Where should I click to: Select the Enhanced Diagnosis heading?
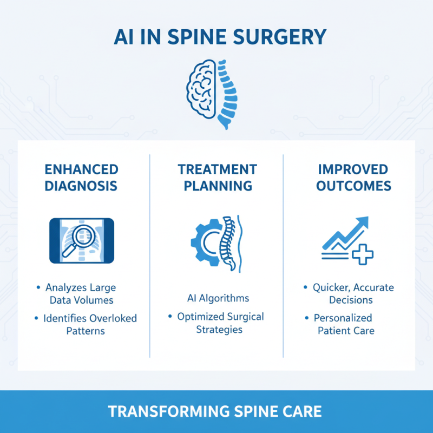click(81, 177)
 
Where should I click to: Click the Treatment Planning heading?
click(218, 177)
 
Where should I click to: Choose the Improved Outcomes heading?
click(353, 177)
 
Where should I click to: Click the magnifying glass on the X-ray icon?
click(77, 238)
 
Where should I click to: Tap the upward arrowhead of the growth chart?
click(361, 222)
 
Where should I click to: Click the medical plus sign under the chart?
click(363, 253)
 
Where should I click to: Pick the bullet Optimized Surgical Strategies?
click(219, 323)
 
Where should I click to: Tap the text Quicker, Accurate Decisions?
click(353, 293)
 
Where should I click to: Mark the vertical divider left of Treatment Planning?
click(149, 254)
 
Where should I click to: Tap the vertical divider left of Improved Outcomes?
click(284, 254)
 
